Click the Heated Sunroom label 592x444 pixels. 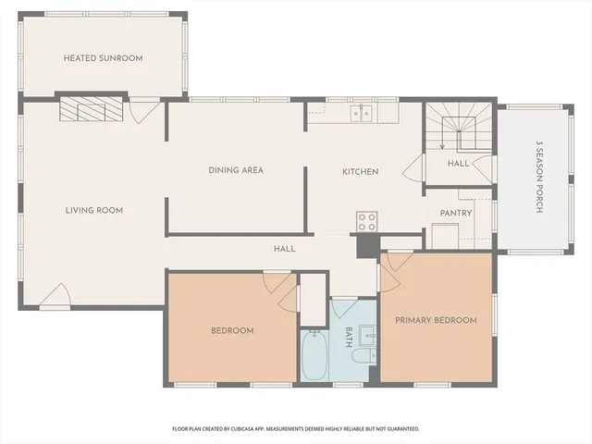[103, 58]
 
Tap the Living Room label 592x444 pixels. [93, 210]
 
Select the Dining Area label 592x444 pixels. [236, 170]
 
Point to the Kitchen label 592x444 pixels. [360, 171]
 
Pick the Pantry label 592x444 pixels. [456, 213]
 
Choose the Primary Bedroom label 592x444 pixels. [436, 320]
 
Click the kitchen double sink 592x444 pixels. [361, 113]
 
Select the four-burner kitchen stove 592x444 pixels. [367, 221]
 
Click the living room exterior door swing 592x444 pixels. [55, 295]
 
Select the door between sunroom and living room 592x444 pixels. [144, 112]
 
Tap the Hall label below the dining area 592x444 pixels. [284, 249]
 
